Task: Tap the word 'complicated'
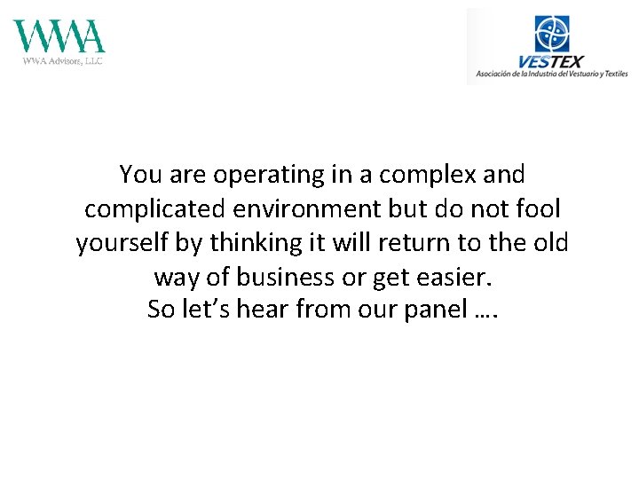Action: pyautogui.click(x=157, y=209)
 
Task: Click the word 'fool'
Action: pyautogui.click(x=539, y=209)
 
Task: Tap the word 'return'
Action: pyautogui.click(x=417, y=243)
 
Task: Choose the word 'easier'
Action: pyautogui.click(x=452, y=277)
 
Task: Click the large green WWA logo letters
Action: pyautogui.click(x=59, y=36)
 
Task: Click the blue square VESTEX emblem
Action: pyautogui.click(x=552, y=34)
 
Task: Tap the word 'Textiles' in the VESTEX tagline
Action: pyautogui.click(x=612, y=75)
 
